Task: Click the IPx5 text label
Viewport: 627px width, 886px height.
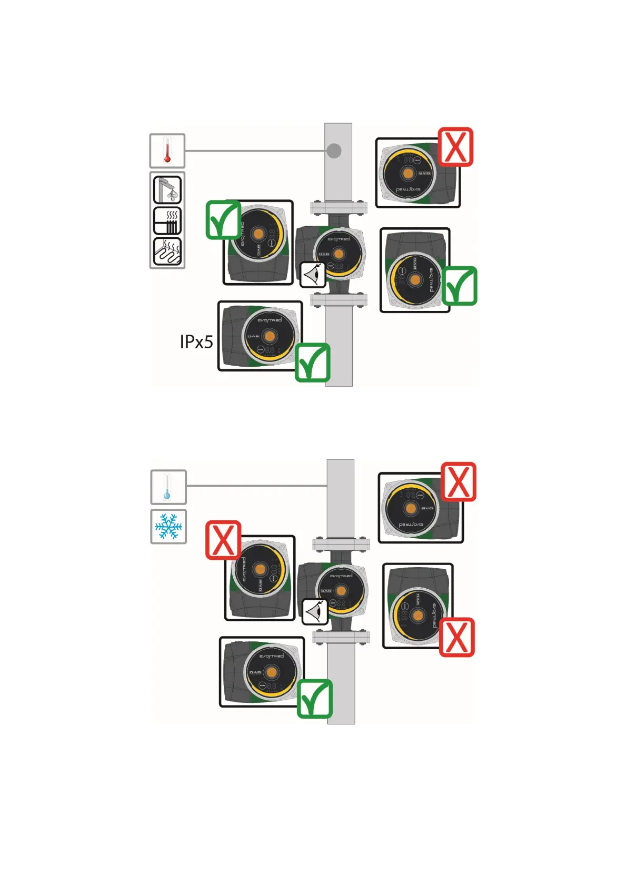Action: point(196,342)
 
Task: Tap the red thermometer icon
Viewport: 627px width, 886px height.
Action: point(167,150)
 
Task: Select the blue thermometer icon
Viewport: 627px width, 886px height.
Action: point(168,487)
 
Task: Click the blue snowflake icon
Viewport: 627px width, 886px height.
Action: point(168,527)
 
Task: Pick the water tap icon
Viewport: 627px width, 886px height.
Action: point(167,190)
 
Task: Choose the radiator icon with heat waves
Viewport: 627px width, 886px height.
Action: point(167,221)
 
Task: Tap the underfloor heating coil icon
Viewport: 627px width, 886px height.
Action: point(167,251)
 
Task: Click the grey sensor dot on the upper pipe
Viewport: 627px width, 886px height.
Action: point(334,150)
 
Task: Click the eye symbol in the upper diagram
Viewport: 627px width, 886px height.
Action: point(313,275)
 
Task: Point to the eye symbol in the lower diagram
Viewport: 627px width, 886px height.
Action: point(315,612)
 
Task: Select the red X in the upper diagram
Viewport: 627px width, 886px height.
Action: point(456,147)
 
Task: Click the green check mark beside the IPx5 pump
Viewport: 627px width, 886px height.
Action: point(312,362)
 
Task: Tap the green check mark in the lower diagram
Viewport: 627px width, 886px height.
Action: point(314,698)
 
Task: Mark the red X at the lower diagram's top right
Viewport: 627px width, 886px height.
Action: point(459,481)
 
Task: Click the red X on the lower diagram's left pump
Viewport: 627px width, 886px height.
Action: point(223,540)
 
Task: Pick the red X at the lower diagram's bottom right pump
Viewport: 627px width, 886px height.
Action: point(456,637)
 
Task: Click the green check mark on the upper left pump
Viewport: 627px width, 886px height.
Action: point(223,220)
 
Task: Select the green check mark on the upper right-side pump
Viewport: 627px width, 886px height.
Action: point(460,286)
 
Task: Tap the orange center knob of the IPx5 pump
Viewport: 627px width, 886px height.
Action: point(270,336)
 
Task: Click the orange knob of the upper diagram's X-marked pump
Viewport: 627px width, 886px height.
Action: point(407,173)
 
